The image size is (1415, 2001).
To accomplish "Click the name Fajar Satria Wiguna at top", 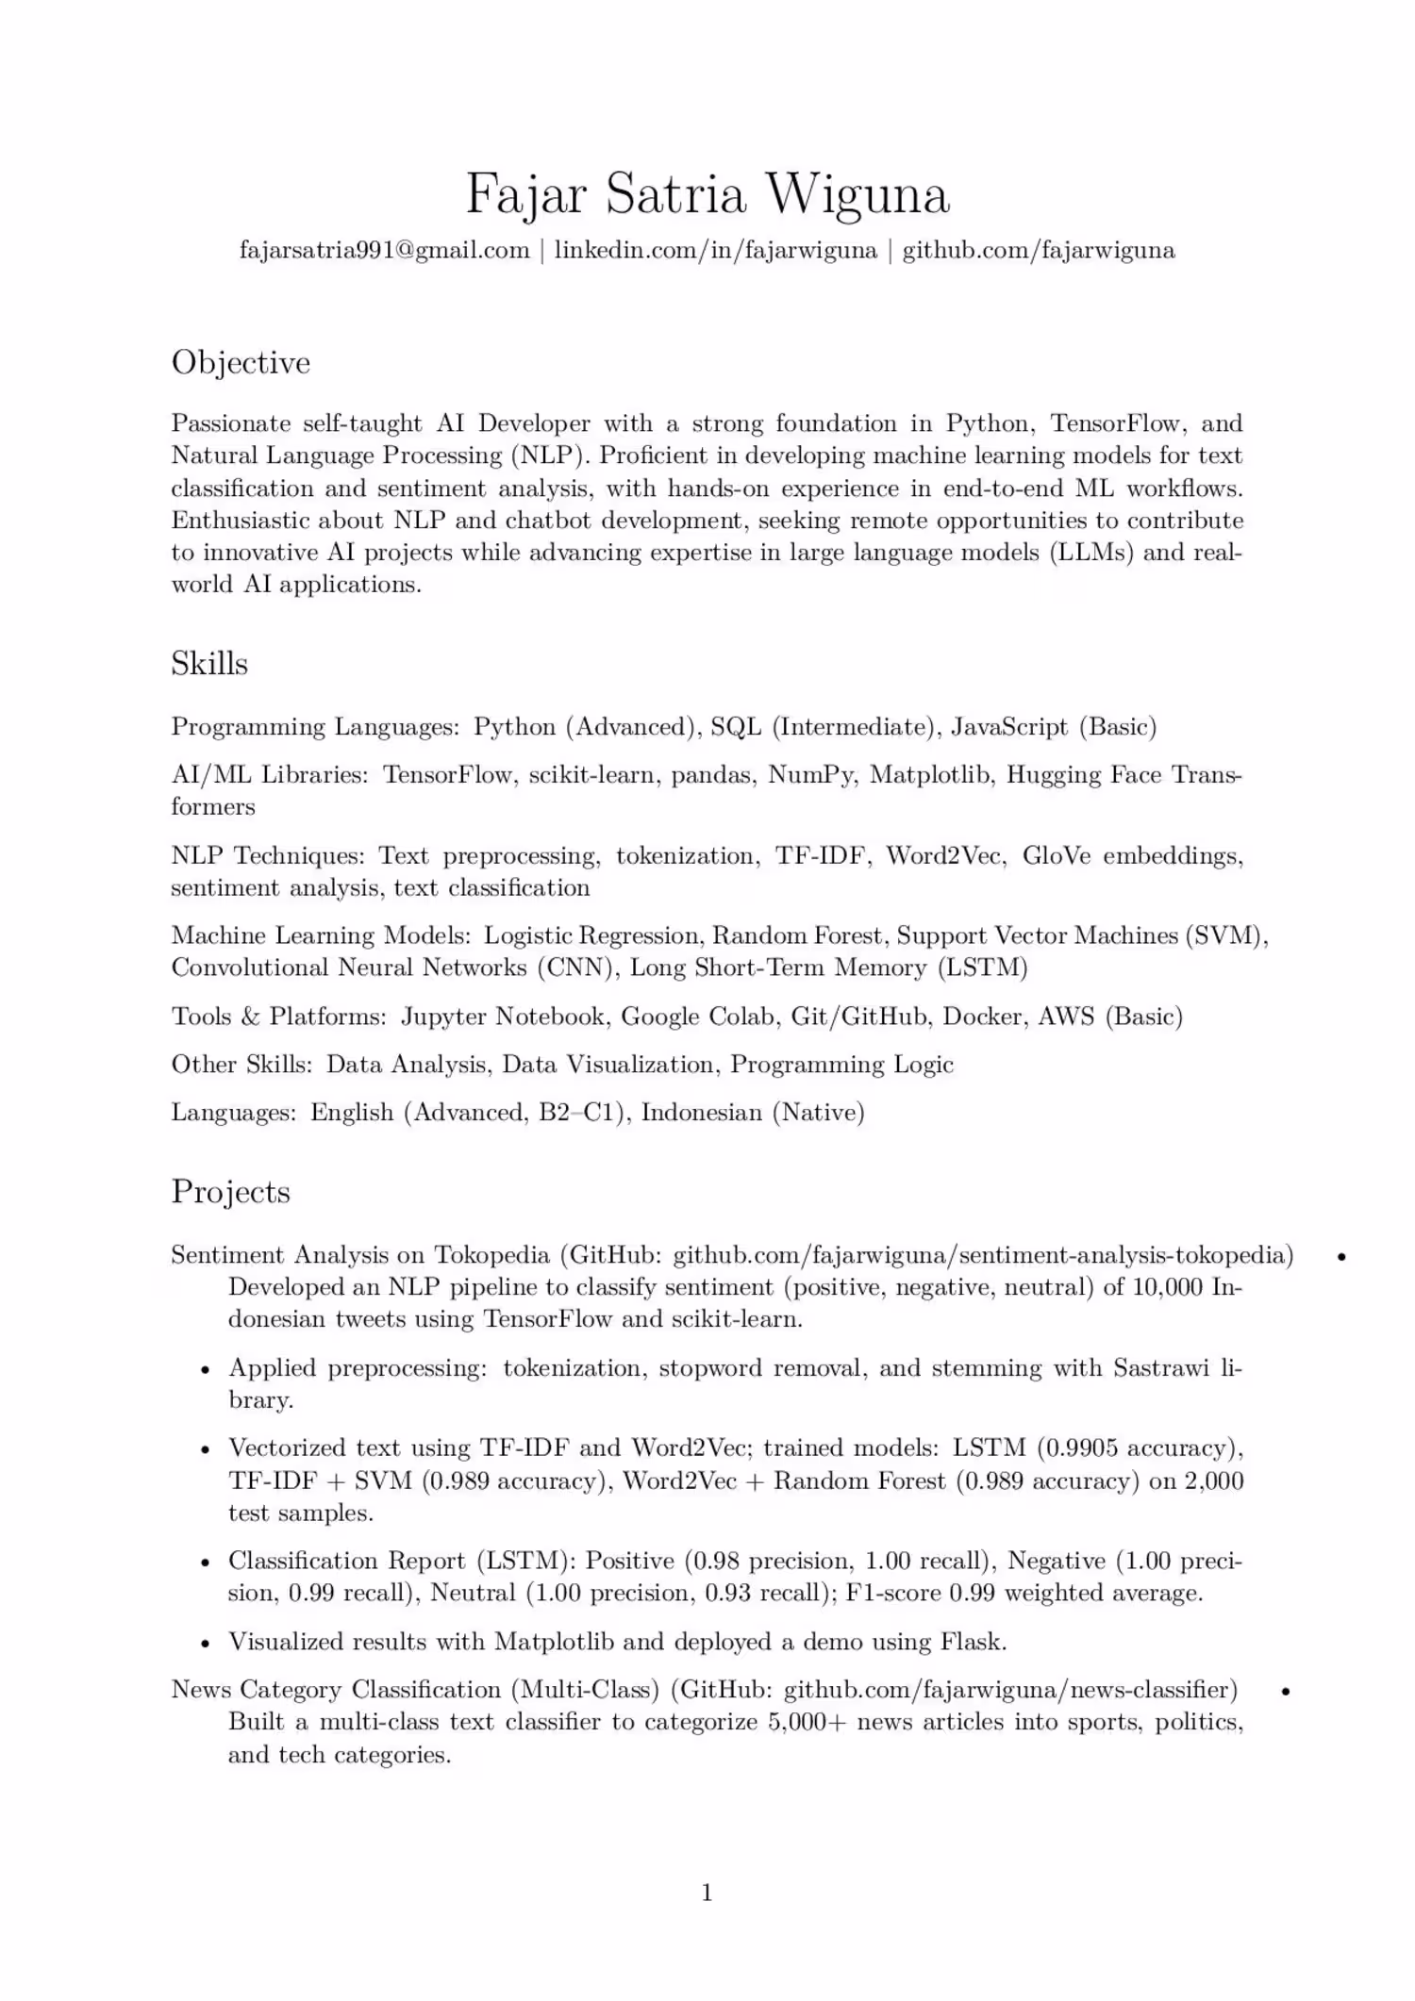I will (707, 194).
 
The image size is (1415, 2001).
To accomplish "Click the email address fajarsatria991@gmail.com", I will (385, 250).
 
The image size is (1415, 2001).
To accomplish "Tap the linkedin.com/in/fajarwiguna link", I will (715, 250).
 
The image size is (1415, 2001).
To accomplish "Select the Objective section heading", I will (241, 363).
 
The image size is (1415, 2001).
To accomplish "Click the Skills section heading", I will (209, 664).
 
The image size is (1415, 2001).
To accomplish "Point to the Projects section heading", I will (230, 1192).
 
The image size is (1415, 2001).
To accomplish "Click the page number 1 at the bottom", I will (707, 1893).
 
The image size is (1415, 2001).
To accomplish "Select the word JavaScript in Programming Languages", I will (1008, 727).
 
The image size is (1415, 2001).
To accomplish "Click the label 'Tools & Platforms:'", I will (279, 1017).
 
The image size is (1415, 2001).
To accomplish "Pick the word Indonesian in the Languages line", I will (702, 1113).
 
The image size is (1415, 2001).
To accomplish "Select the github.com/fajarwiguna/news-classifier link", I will (1010, 1689).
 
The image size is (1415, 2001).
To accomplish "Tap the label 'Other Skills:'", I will (241, 1065).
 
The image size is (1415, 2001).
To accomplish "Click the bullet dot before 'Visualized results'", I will (205, 1643).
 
